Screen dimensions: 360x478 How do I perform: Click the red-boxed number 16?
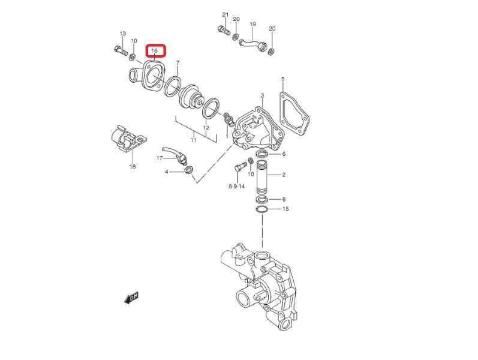(154, 51)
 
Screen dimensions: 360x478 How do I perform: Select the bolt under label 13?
(119, 52)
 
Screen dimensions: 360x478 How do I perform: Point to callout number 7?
(178, 63)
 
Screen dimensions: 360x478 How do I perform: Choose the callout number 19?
(252, 25)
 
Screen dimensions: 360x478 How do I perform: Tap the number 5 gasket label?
(282, 79)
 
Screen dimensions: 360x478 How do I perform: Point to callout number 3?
(262, 96)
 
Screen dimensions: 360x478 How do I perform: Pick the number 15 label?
(285, 209)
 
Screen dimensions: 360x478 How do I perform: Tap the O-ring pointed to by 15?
(262, 209)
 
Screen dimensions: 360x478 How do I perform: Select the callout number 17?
(160, 158)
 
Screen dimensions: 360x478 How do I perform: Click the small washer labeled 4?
(188, 172)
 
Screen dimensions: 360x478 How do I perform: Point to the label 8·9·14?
(236, 187)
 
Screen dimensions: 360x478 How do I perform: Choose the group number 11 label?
(193, 140)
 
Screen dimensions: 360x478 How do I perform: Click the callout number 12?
(206, 128)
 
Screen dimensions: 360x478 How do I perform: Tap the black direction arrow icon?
(131, 296)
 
